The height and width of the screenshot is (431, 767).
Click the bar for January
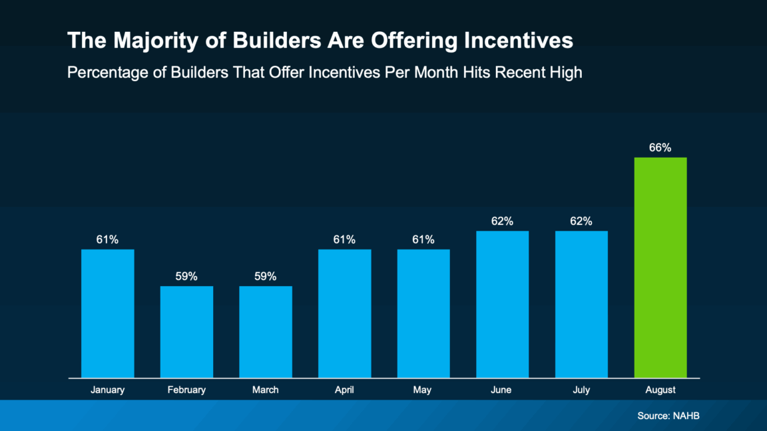click(107, 313)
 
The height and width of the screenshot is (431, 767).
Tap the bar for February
click(186, 331)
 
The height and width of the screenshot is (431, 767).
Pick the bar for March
click(265, 331)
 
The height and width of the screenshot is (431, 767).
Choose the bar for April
click(344, 313)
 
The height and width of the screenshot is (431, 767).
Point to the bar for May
click(423, 313)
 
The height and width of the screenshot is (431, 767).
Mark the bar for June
click(502, 304)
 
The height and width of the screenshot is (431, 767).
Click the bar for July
click(581, 304)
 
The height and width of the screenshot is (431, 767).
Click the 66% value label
click(660, 148)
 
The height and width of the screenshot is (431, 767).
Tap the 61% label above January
click(107, 239)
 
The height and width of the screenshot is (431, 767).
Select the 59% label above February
click(186, 276)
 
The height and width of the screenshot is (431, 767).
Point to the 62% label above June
click(502, 221)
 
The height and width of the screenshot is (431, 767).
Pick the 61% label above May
click(423, 239)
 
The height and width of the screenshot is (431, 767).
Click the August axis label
click(660, 390)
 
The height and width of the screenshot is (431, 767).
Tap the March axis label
click(265, 390)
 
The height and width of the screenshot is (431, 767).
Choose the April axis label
click(344, 390)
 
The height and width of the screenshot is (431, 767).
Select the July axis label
click(581, 390)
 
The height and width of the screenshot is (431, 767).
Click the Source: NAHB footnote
click(668, 416)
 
